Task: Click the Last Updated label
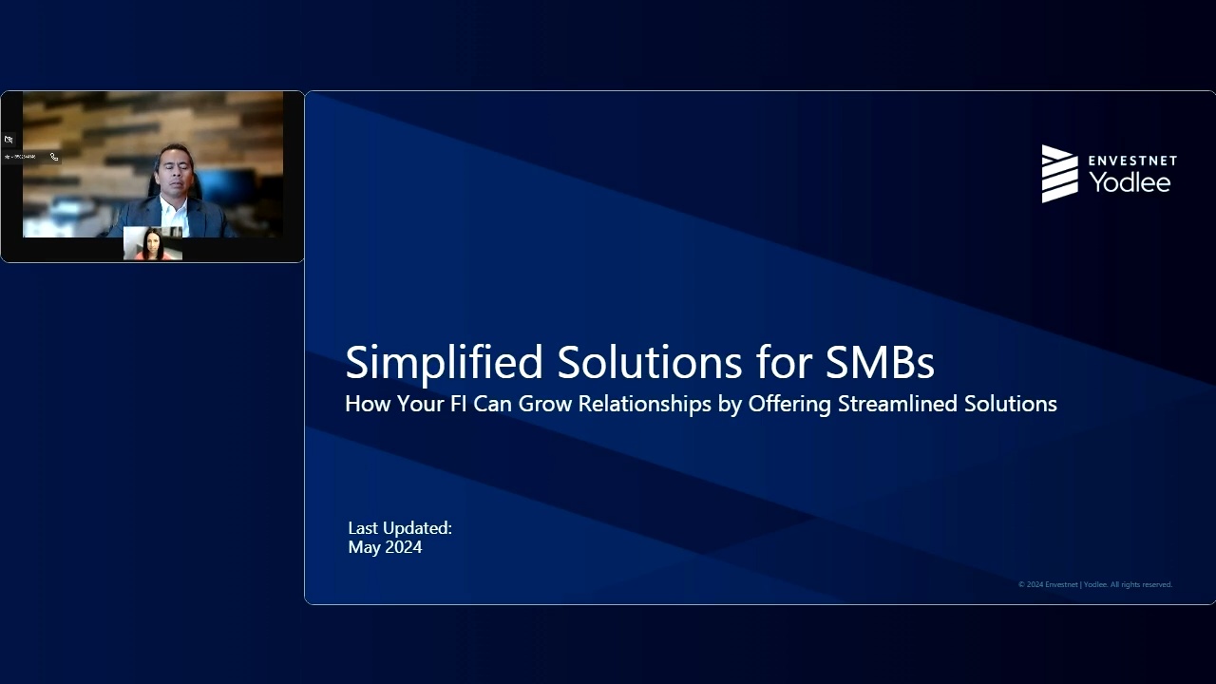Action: pyautogui.click(x=400, y=528)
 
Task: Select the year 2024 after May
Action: pyautogui.click(x=404, y=547)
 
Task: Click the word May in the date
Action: pyautogui.click(x=365, y=548)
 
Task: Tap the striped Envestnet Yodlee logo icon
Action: pyautogui.click(x=1059, y=174)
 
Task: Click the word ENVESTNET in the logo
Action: pyautogui.click(x=1132, y=161)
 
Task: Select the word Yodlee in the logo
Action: pyautogui.click(x=1130, y=182)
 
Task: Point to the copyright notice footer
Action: pyautogui.click(x=1094, y=584)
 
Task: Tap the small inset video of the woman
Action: pyautogui.click(x=152, y=244)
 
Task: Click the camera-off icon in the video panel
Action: pyautogui.click(x=9, y=140)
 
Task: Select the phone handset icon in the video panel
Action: pyautogui.click(x=54, y=157)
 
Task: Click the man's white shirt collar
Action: pyautogui.click(x=172, y=206)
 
